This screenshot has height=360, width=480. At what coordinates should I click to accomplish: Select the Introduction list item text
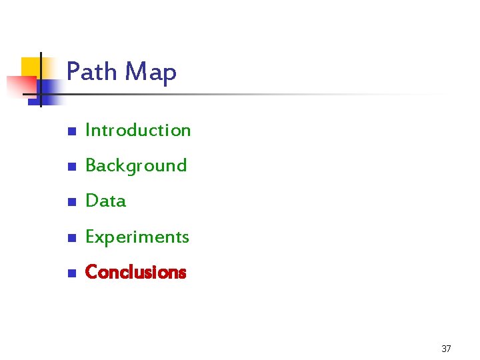point(138,130)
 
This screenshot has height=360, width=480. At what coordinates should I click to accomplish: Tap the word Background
point(136,166)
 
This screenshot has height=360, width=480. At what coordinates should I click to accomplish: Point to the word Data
point(106,201)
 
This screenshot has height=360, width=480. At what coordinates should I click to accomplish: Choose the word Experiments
point(137,237)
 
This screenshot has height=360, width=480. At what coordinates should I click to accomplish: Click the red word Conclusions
point(136,272)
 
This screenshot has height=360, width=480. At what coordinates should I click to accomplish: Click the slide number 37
point(446,349)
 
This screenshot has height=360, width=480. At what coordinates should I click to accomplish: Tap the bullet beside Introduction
point(71,131)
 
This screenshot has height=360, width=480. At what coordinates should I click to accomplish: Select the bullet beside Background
point(71,167)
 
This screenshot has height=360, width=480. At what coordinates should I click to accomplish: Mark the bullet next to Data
point(71,202)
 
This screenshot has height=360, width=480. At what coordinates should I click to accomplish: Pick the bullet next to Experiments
point(71,238)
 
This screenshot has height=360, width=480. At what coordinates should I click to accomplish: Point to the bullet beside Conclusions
point(71,273)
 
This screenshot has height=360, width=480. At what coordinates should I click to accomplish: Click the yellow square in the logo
point(31,67)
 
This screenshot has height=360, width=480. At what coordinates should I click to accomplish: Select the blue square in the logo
point(49,90)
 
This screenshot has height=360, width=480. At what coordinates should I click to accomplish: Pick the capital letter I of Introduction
point(88,130)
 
